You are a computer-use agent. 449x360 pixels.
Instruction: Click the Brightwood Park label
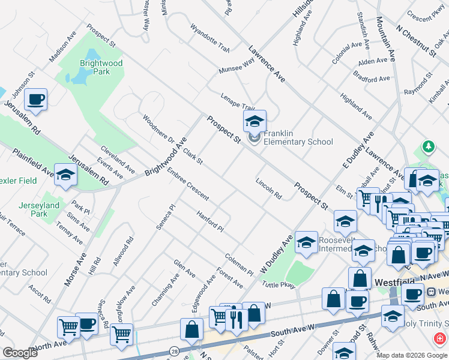pos(101,67)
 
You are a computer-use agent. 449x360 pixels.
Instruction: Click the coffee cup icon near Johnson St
pos(35,99)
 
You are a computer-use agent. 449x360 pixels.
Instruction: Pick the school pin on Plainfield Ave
pos(66,175)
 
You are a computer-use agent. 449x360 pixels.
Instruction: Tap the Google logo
pos(20,353)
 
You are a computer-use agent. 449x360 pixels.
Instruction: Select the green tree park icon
pos(428,146)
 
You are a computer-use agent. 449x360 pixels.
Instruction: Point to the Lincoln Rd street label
pos(268,188)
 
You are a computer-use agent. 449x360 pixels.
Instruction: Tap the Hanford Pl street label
pos(210,220)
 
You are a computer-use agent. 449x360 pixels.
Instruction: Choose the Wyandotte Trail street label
pos(210,37)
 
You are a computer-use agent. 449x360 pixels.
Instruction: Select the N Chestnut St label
pos(415,40)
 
